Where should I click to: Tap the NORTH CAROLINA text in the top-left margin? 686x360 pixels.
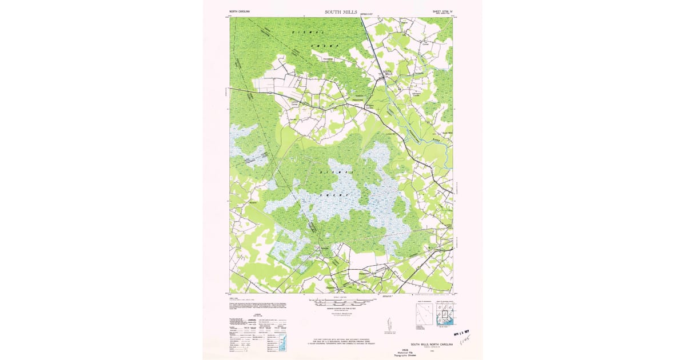pyautogui.click(x=240, y=11)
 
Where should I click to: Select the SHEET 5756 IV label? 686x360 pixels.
pyautogui.click(x=441, y=11)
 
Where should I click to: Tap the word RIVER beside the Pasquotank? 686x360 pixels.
pyautogui.click(x=437, y=139)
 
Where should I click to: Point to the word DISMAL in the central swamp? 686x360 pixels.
pyautogui.click(x=336, y=170)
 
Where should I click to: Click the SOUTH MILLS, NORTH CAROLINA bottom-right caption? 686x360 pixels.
pyautogui.click(x=430, y=345)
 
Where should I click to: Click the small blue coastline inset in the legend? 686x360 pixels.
pyautogui.click(x=282, y=344)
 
